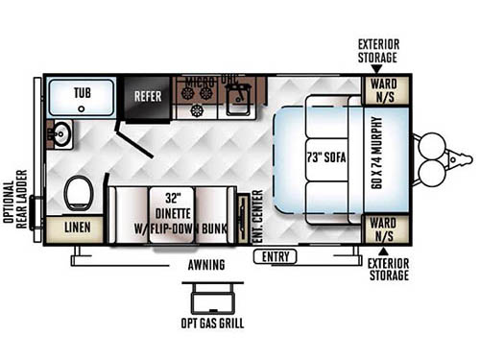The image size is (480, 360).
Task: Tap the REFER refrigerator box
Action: (148, 96)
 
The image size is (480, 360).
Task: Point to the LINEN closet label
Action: (77, 228)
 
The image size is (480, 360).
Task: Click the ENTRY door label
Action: (274, 256)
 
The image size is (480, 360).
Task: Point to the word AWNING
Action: (206, 264)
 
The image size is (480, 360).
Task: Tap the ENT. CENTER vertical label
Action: (255, 217)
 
